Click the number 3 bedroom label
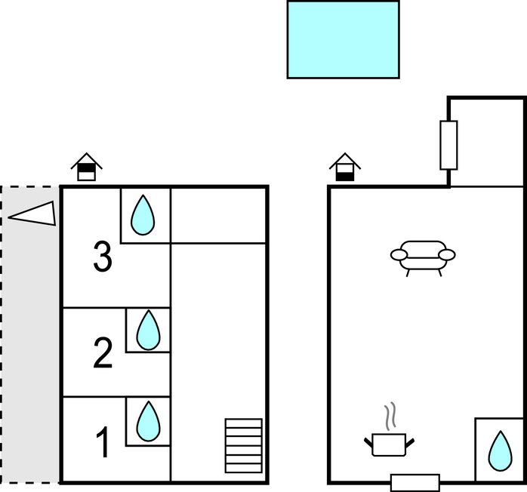[x=103, y=257]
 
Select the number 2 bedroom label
[x=103, y=354]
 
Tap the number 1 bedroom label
[x=103, y=443]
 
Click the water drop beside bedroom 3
[x=143, y=215]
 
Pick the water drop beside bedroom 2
[x=149, y=331]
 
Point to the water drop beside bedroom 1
[x=149, y=422]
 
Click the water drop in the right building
[x=499, y=450]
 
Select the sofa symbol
[x=423, y=256]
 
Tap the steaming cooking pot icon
[x=390, y=444]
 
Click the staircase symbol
[x=243, y=445]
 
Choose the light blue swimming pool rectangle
[x=343, y=39]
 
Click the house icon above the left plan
[x=87, y=168]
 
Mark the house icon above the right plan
[x=345, y=168]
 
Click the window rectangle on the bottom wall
[x=415, y=483]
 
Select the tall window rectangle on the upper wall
[x=448, y=145]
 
